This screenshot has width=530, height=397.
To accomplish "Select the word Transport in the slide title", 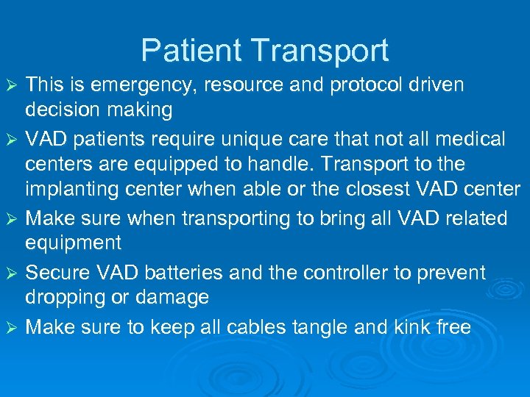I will [x=320, y=51].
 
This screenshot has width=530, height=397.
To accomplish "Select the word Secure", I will [x=58, y=272].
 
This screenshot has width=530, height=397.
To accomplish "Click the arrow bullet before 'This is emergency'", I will [x=12, y=86].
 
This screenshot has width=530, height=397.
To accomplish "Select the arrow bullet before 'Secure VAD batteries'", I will [x=12, y=273].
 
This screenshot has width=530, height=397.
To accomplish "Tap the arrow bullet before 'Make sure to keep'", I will [x=12, y=326].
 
